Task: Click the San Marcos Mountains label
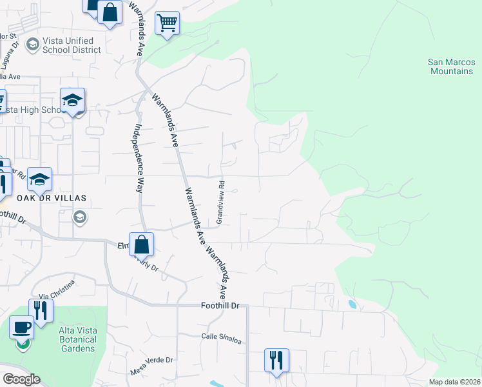[450, 66]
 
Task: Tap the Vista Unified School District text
[68, 45]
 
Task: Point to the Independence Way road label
[138, 159]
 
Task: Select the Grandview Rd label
[220, 202]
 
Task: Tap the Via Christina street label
[57, 290]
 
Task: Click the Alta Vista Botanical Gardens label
[77, 339]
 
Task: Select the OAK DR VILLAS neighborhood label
[43, 197]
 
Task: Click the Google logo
[21, 379]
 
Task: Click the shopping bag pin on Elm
[141, 244]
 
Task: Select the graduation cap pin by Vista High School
[73, 101]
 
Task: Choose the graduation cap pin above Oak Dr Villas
[39, 180]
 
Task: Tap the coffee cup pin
[22, 328]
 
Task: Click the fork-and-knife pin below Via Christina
[41, 312]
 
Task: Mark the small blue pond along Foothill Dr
[352, 303]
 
